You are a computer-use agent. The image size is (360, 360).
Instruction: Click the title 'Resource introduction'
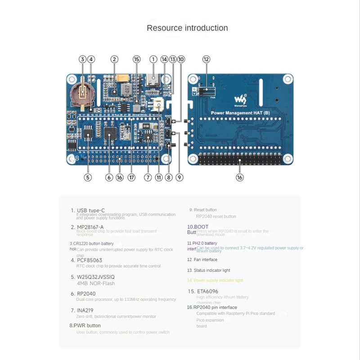coord(187,28)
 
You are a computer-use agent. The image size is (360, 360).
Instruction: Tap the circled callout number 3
coord(82,59)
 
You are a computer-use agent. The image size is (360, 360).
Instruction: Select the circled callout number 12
coord(206,59)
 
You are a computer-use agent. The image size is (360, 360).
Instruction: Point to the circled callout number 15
coord(137,59)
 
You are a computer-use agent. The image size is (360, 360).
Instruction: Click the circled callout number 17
coord(131,177)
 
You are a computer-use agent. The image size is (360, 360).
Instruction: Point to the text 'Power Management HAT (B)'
coord(240,112)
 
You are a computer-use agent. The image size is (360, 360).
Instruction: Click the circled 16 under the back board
coord(239,177)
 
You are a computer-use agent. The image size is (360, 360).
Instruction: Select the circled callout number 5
coord(88,177)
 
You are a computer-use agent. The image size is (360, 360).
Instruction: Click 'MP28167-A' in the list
coord(90,227)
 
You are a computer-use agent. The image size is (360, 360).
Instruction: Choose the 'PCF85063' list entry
coord(89,260)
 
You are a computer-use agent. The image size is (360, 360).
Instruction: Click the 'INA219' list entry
coord(85,310)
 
